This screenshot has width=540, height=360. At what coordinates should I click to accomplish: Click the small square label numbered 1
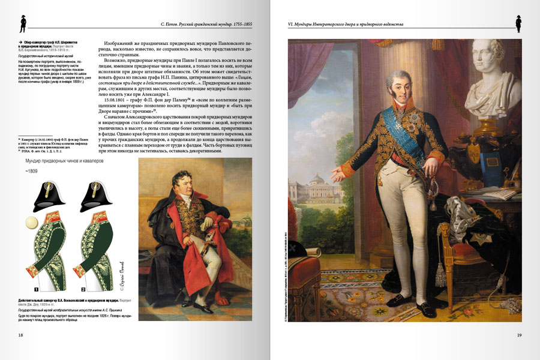point(37,289)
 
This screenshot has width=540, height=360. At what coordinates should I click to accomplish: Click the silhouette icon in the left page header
point(23,23)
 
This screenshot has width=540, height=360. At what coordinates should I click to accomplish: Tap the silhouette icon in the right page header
point(518,23)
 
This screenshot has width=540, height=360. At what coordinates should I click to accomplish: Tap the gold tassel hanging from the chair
point(441,273)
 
